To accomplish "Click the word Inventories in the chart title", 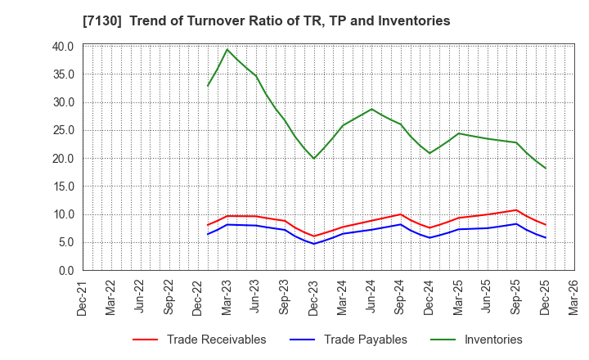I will pos(413,20).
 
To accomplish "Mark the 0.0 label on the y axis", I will pos(65,270).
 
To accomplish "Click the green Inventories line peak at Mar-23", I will pos(227,49).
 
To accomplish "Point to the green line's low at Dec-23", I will pos(314,159).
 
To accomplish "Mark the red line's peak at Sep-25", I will pos(516,209).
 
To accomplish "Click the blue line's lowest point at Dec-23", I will pos(314,244).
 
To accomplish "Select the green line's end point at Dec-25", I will pos(546,169).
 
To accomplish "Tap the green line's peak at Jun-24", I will pos(371,109).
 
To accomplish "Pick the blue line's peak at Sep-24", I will pos(401,224).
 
